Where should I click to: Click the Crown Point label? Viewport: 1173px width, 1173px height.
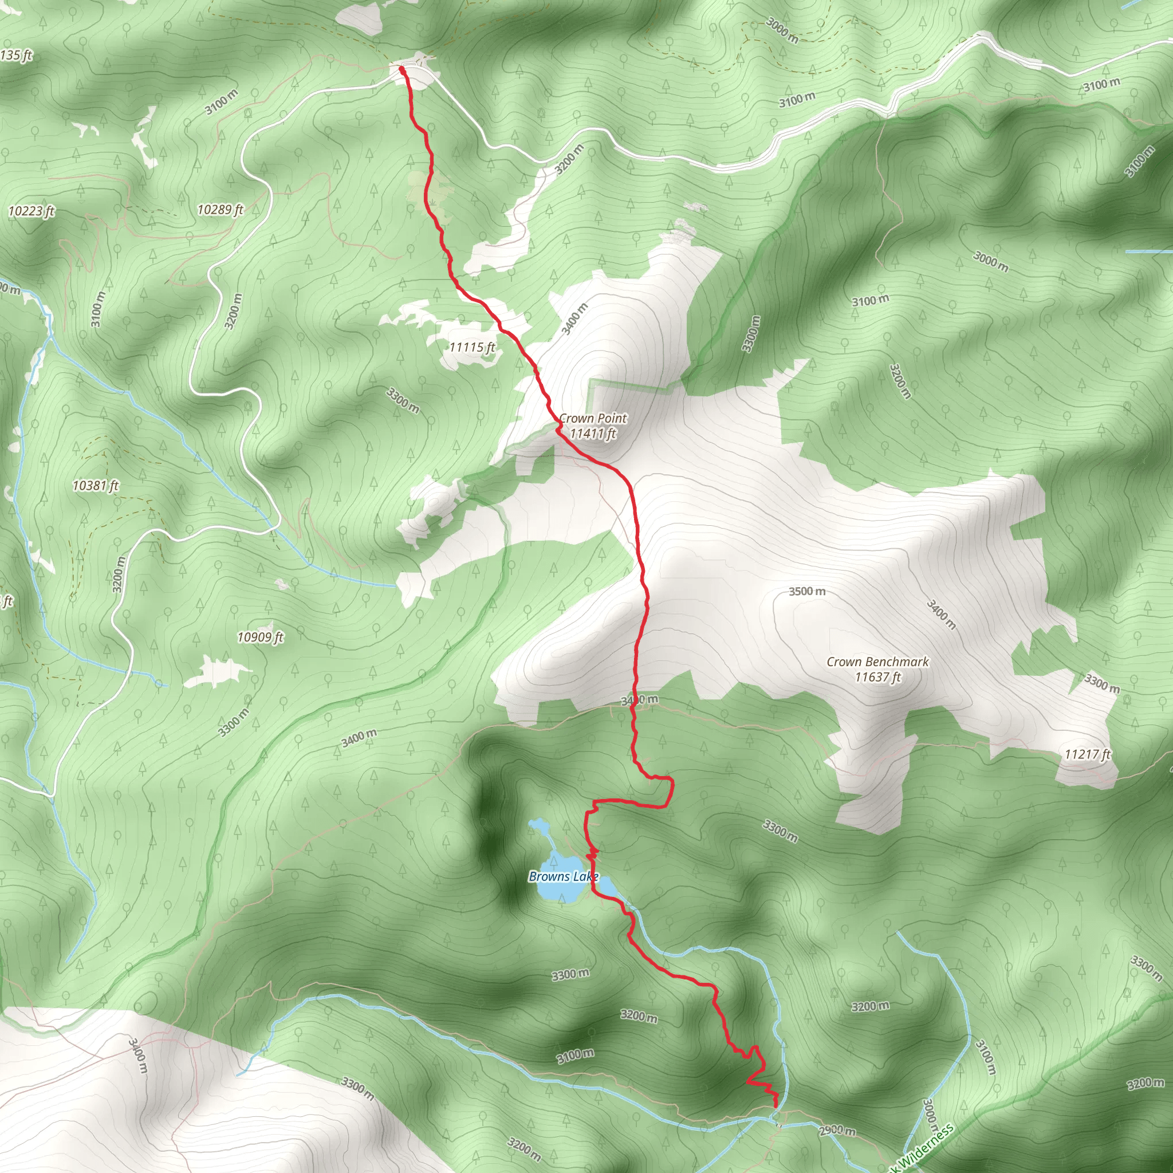pos(593,418)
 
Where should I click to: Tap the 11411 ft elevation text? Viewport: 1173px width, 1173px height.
pos(593,434)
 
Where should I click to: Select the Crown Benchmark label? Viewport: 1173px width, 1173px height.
pos(877,662)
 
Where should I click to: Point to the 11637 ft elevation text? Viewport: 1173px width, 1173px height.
pos(877,677)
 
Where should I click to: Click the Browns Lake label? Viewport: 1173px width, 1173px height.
pos(563,876)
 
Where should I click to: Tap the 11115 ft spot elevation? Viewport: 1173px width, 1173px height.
pos(472,347)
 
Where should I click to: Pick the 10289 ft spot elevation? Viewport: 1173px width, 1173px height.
pos(220,210)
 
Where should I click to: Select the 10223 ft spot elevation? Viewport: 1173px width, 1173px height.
pos(31,211)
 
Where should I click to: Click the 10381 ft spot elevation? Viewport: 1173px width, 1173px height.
pos(95,486)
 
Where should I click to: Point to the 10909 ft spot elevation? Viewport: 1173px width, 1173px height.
pos(260,637)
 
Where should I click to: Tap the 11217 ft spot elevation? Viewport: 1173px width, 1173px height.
pos(1088,754)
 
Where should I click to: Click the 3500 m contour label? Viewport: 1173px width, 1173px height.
pos(807,591)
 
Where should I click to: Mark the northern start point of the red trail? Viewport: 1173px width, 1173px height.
pos(402,70)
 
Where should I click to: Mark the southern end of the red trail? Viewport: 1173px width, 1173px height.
pos(777,1105)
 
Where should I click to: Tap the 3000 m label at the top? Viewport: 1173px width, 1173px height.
pos(781,30)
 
